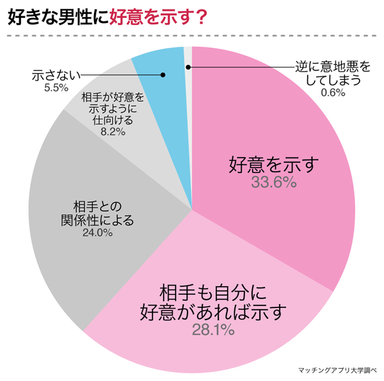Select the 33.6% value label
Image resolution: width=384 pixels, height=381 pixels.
pos(273,182)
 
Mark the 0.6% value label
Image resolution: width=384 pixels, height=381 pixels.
pos(333,92)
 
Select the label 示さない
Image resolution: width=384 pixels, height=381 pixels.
pos(55,76)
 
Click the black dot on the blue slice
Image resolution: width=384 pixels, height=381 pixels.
pos(163,75)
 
